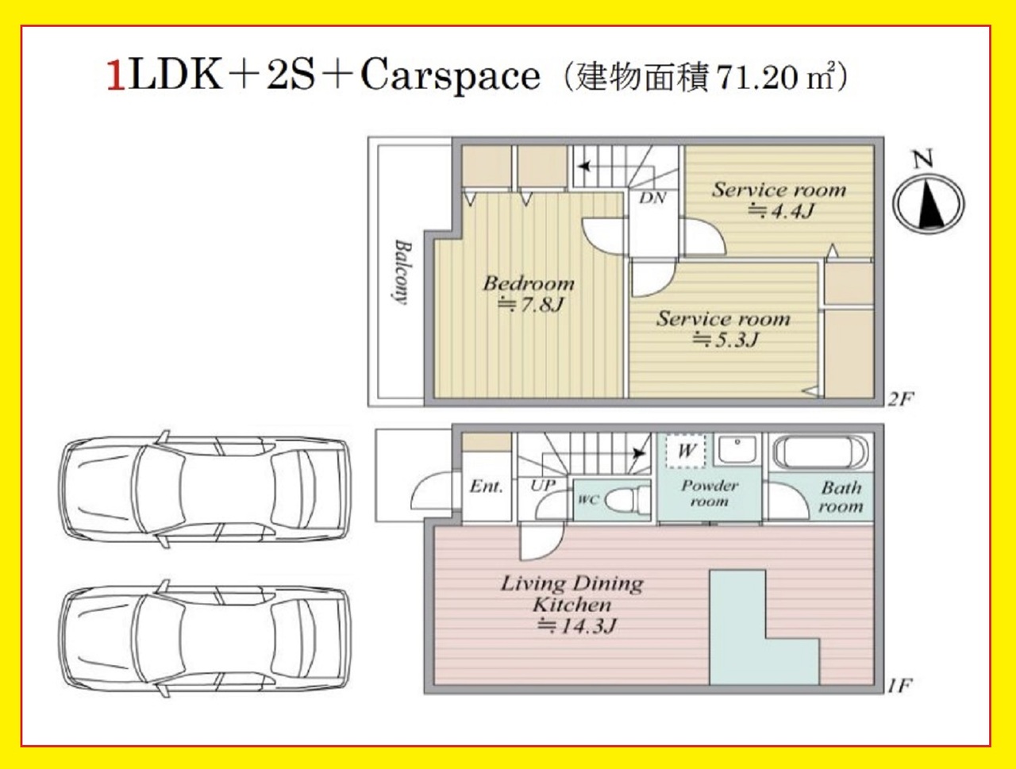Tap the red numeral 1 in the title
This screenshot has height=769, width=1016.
click(x=116, y=77)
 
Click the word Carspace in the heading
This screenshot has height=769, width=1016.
click(x=450, y=76)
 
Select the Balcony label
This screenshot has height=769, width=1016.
click(x=402, y=271)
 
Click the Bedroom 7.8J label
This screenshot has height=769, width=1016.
click(x=529, y=294)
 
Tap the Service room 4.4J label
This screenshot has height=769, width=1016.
click(x=779, y=200)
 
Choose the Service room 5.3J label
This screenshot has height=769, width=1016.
click(x=723, y=329)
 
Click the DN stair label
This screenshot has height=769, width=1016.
click(x=652, y=198)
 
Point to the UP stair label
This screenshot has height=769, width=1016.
click(x=543, y=486)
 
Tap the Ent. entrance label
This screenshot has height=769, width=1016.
click(x=486, y=486)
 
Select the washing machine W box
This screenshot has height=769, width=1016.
click(x=687, y=451)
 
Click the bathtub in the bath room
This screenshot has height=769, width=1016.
click(x=821, y=451)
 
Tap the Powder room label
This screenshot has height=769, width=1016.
click(x=710, y=494)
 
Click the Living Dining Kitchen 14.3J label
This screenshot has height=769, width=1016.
click(x=572, y=605)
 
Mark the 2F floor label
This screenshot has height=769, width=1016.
click(x=899, y=399)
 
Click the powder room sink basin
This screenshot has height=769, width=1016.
click(x=737, y=449)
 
